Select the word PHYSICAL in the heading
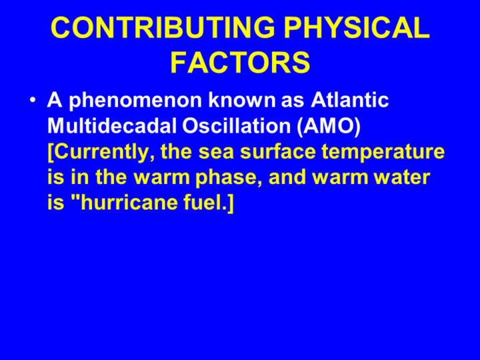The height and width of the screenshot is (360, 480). (356, 27)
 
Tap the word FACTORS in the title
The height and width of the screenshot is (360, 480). (240, 62)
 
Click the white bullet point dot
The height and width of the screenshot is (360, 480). (33, 101)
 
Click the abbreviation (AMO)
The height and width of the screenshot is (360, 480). (329, 126)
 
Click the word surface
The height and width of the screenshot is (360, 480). (278, 151)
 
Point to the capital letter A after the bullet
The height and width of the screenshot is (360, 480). (55, 100)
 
